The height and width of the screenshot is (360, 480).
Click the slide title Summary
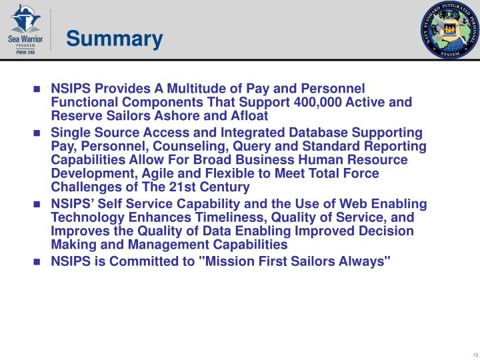coord(114,39)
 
